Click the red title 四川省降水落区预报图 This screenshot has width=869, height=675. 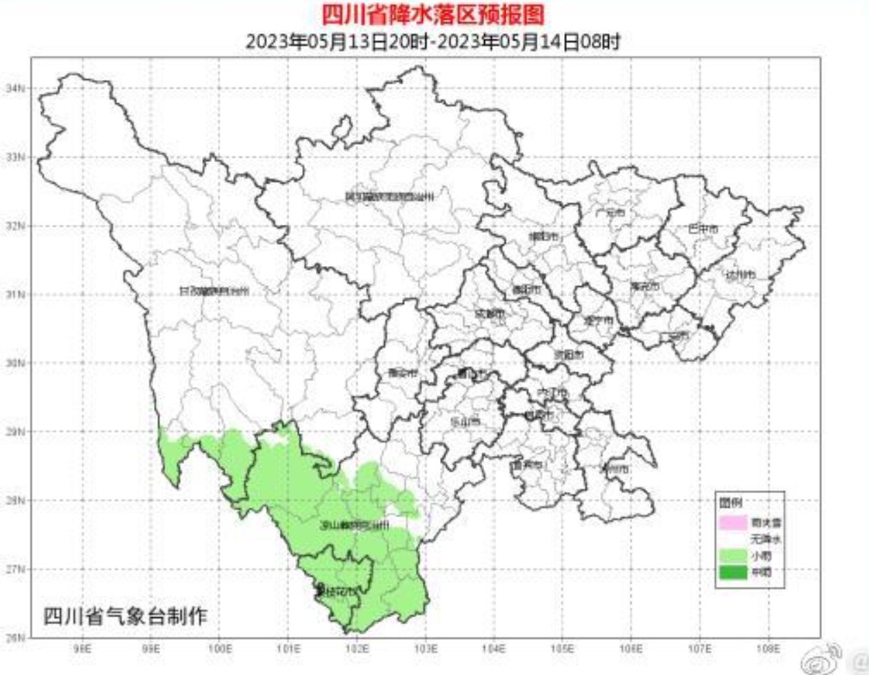click(x=433, y=14)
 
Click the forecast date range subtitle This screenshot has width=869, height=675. click(x=433, y=41)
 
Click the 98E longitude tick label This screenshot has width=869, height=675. click(x=83, y=649)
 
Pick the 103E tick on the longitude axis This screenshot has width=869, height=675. click(x=426, y=649)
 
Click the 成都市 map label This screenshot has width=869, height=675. click(x=490, y=314)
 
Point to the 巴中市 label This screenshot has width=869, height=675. click(x=703, y=228)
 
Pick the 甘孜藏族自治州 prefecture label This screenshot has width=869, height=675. click(x=213, y=292)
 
